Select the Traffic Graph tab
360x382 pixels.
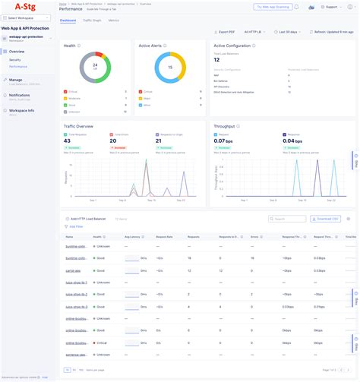tap(92, 21)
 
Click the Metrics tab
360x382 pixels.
tap(114, 21)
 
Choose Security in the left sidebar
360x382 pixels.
tap(15, 59)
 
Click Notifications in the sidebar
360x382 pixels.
tap(20, 95)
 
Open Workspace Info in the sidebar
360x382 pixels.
tap(21, 110)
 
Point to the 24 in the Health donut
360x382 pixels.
tap(95, 66)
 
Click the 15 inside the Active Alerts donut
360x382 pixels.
tap(169, 66)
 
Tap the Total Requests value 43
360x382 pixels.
tap(68, 140)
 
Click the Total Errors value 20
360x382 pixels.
tap(114, 140)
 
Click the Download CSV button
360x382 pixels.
tap(326, 219)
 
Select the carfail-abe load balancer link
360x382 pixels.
tap(74, 270)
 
